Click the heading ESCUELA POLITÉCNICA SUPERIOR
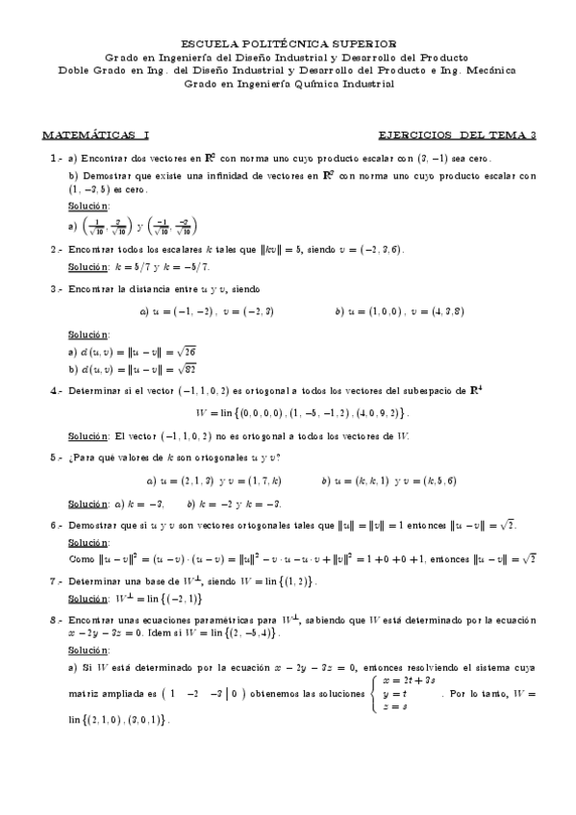288,43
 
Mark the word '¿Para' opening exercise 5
82,457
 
